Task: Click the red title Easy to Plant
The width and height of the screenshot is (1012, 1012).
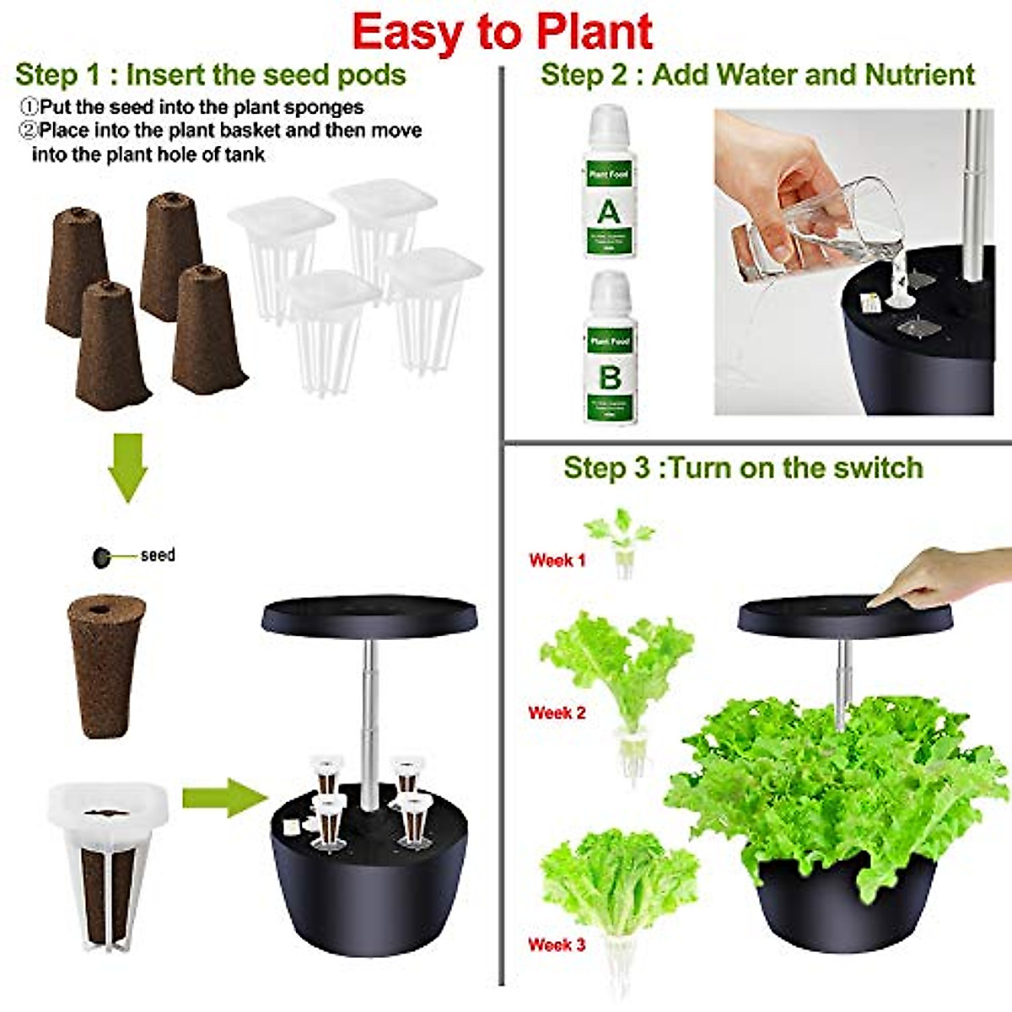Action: [x=503, y=32]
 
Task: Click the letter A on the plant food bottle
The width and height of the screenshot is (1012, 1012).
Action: [x=608, y=210]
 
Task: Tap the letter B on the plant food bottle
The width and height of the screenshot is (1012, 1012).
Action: [x=610, y=377]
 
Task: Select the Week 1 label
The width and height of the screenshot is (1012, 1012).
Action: [x=557, y=560]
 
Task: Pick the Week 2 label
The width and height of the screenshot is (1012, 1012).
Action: [x=557, y=713]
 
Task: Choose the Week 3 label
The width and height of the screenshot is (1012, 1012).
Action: [x=557, y=945]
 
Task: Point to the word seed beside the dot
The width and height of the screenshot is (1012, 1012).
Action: [x=158, y=555]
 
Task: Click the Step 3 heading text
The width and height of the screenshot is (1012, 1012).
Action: [x=743, y=468]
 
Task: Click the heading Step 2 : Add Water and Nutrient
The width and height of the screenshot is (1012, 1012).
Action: [x=757, y=74]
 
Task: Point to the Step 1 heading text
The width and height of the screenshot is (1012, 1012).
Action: [x=211, y=74]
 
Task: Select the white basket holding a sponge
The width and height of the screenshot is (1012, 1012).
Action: [x=108, y=860]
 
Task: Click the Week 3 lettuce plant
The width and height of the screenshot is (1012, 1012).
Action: [x=620, y=885]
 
